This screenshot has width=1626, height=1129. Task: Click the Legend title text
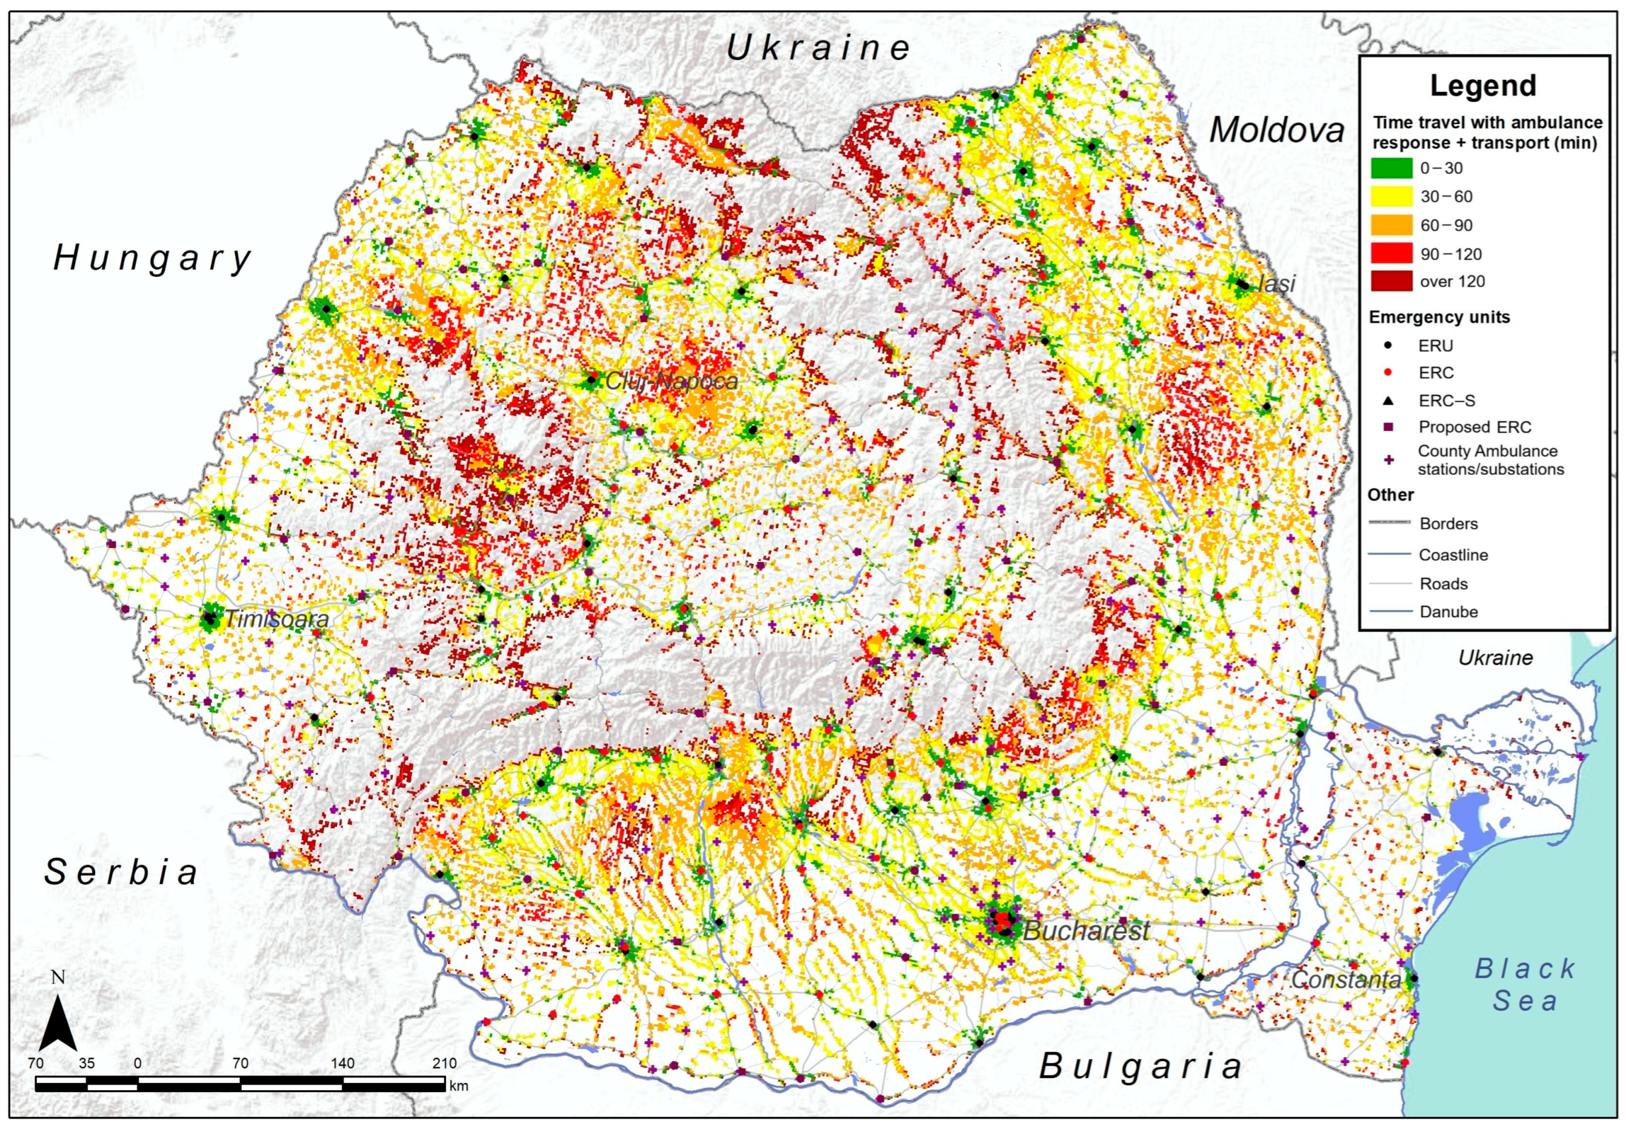[1482, 85]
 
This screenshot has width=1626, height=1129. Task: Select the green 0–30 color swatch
[1391, 168]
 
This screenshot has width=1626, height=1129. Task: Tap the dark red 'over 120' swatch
[1391, 282]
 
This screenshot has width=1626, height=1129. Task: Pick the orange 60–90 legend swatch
[1391, 225]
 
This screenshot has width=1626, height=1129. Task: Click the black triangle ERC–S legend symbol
[1388, 401]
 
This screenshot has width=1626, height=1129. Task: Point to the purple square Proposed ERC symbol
[1388, 427]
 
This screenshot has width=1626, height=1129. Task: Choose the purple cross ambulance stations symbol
[1388, 460]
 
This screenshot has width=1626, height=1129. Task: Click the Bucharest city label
[1086, 930]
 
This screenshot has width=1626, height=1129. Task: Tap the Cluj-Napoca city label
[671, 382]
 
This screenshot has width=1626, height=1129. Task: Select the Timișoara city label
[277, 620]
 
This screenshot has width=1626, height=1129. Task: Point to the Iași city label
[1277, 283]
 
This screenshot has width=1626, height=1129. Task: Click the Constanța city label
[1345, 980]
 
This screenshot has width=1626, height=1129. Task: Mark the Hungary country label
[152, 258]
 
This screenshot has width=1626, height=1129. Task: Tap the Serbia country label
[121, 872]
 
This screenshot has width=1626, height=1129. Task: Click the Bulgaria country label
[1141, 1066]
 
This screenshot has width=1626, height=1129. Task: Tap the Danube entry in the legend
[1448, 612]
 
